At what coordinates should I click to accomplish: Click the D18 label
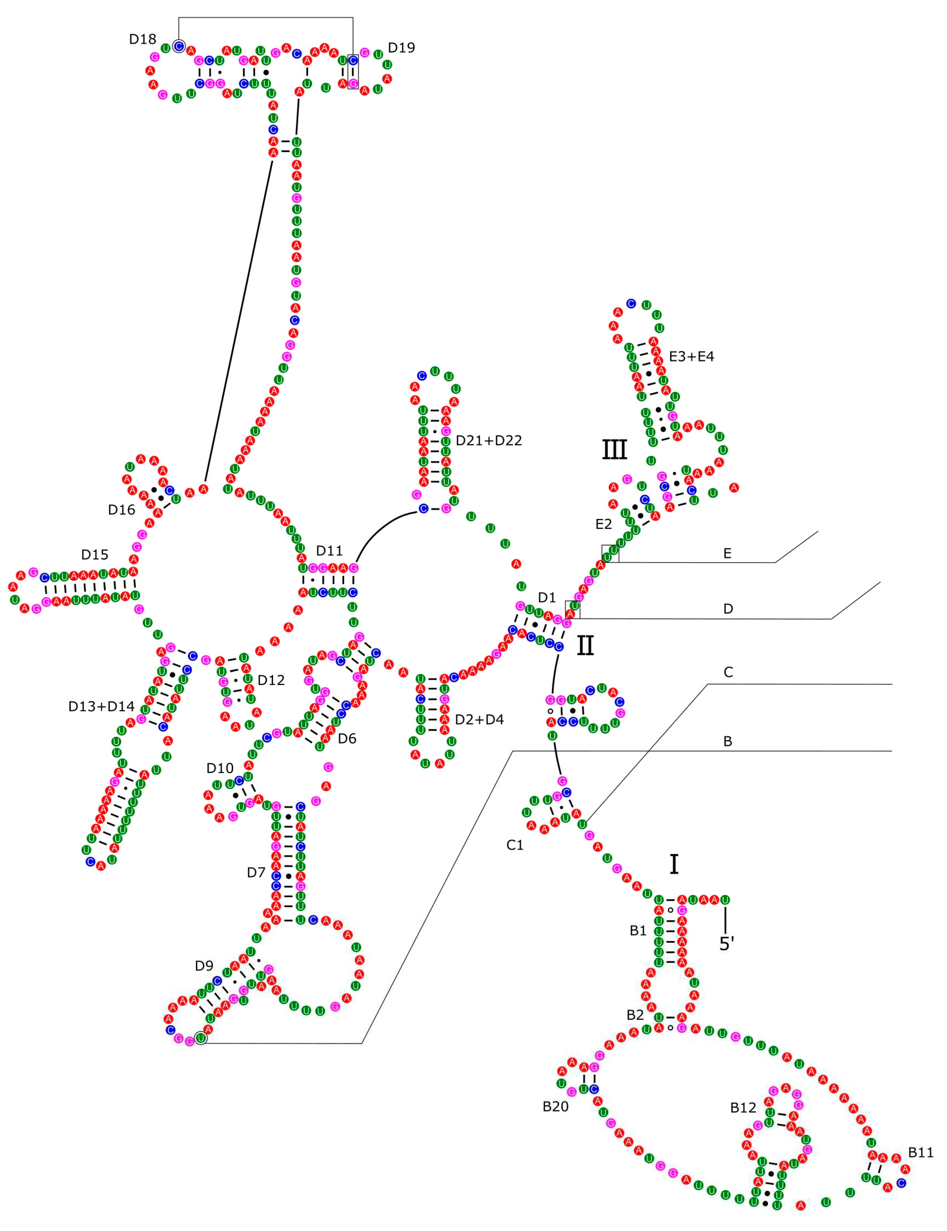click(x=143, y=39)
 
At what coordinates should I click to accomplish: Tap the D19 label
click(x=401, y=48)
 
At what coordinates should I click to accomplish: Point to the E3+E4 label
click(x=691, y=356)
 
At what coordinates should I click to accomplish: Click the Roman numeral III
click(x=615, y=450)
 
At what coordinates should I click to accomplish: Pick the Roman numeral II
click(x=585, y=645)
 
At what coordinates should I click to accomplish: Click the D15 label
click(x=95, y=555)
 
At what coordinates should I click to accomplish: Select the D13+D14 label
click(x=101, y=706)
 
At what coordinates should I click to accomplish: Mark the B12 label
click(x=743, y=1108)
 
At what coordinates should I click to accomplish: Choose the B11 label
click(x=921, y=1153)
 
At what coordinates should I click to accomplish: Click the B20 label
click(x=556, y=1107)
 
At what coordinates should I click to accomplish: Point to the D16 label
click(x=122, y=509)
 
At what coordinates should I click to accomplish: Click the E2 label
click(x=603, y=524)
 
